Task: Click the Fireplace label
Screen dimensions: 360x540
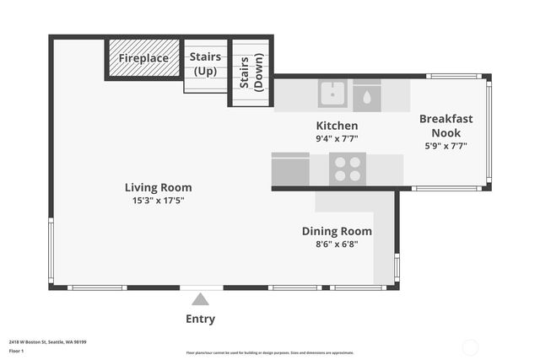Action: [x=143, y=58]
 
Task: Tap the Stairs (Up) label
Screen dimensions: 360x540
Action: [x=205, y=63]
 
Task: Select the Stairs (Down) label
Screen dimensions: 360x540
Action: [x=251, y=73]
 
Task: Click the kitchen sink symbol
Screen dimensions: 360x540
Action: [x=332, y=94]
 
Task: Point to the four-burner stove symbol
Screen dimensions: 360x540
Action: [x=347, y=169]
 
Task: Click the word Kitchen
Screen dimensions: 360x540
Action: [x=337, y=125]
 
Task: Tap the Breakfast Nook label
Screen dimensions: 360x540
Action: [x=445, y=126]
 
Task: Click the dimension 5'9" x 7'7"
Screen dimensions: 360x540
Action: [x=445, y=146]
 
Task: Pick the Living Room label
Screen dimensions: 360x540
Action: [x=158, y=187]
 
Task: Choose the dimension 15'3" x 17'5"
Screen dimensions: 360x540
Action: [x=158, y=201]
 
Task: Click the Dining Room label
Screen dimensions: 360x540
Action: [x=337, y=231]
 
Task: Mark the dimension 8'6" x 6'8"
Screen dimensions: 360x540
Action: [x=337, y=244]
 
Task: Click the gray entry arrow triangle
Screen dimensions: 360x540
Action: [x=200, y=298]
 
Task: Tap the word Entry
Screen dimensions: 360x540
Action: [x=200, y=319]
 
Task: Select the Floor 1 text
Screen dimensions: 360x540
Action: [x=17, y=350]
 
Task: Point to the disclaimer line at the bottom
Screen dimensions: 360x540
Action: [x=270, y=352]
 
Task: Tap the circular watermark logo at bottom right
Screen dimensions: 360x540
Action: [x=471, y=347]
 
